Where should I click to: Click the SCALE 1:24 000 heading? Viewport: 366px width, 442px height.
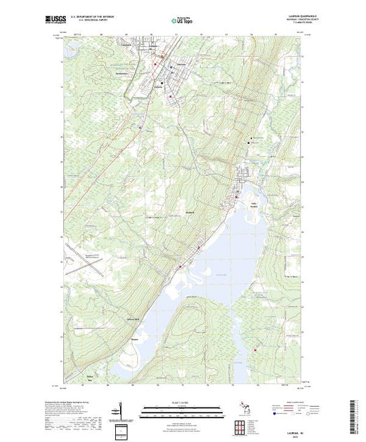(184, 403)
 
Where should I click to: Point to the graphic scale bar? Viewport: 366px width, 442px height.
(184, 410)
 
